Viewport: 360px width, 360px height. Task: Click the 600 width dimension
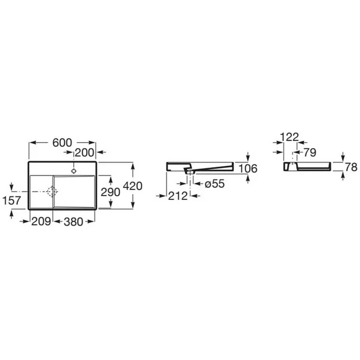click(62, 143)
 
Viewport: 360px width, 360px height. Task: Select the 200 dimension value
click(84, 153)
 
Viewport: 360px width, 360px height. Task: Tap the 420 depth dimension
click(133, 186)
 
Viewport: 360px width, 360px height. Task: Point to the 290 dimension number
click(110, 192)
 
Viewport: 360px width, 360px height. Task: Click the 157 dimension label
click(12, 201)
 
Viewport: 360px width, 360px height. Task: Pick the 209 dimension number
click(41, 221)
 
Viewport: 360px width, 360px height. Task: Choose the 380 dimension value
click(73, 221)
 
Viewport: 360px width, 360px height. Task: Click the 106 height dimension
click(248, 169)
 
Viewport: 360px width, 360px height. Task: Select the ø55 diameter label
click(215, 184)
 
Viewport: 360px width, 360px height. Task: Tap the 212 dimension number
click(178, 196)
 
